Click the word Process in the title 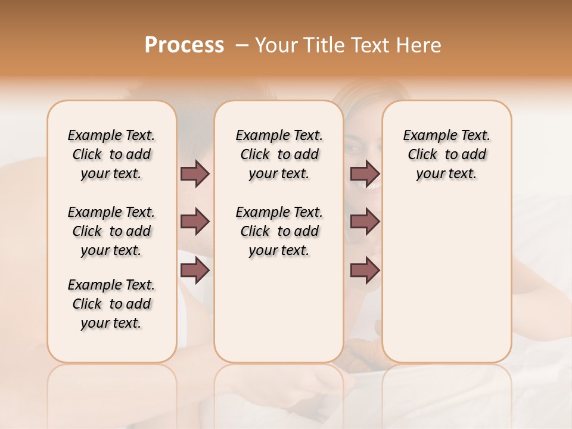click(184, 45)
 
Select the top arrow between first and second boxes click(195, 173)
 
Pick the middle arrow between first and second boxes click(195, 222)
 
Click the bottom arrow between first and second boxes click(195, 271)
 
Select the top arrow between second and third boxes click(365, 173)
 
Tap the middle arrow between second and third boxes click(365, 222)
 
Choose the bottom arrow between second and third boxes click(365, 271)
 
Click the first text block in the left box click(111, 154)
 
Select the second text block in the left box click(111, 231)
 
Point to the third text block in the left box click(111, 304)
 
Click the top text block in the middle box click(279, 154)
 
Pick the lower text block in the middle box click(279, 231)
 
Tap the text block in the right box click(446, 154)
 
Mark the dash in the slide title click(243, 45)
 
